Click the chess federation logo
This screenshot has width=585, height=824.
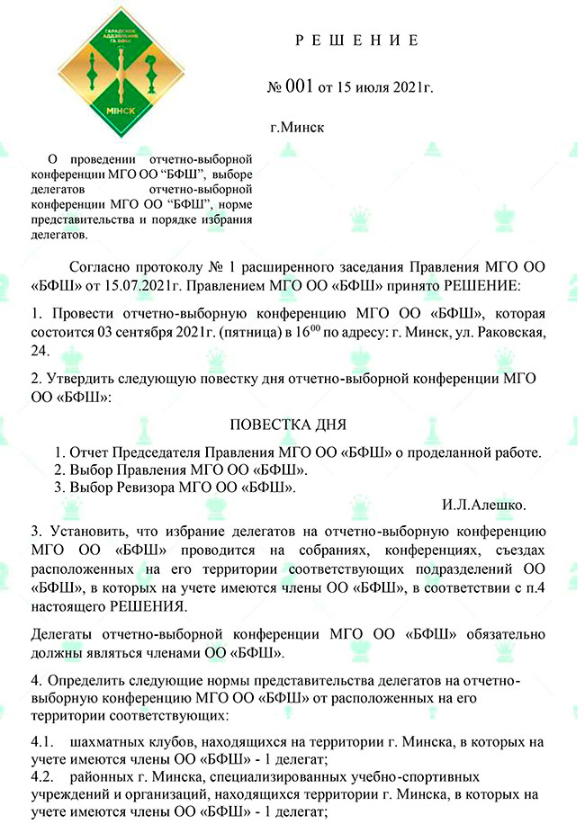pos(119,75)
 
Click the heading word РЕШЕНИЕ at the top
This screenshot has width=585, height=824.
pos(356,40)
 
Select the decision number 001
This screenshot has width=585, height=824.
pos(298,87)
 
